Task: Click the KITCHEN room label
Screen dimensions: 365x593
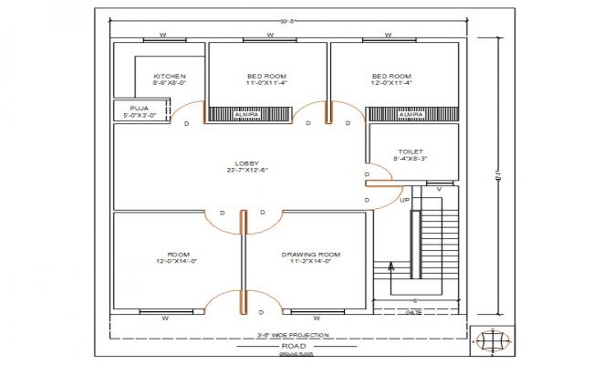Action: click(x=170, y=76)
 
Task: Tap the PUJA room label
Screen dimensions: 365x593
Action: click(x=140, y=108)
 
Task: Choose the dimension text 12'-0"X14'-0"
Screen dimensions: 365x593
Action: click(x=177, y=262)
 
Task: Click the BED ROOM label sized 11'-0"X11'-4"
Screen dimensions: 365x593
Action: click(x=267, y=76)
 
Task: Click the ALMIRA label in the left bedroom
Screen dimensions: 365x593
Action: click(x=246, y=114)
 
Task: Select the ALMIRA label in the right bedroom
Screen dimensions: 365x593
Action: click(x=411, y=114)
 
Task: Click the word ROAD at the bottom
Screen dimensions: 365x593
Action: click(x=294, y=347)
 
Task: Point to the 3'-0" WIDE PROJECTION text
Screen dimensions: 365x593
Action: click(x=293, y=336)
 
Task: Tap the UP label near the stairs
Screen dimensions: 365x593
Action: click(x=405, y=199)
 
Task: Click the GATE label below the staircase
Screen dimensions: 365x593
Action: click(x=413, y=312)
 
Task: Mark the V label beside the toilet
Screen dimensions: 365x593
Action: click(x=440, y=189)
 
